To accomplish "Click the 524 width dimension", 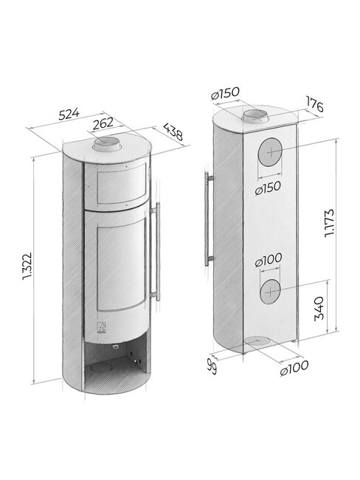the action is click(x=69, y=114).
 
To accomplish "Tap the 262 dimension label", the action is click(x=103, y=123).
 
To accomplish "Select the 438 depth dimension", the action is click(x=173, y=131).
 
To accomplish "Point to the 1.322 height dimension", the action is click(x=27, y=267).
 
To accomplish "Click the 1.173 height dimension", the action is click(x=330, y=223).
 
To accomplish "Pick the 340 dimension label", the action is click(x=319, y=308).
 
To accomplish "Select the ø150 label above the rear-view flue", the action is click(x=226, y=93).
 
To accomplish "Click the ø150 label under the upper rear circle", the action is click(x=268, y=188).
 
